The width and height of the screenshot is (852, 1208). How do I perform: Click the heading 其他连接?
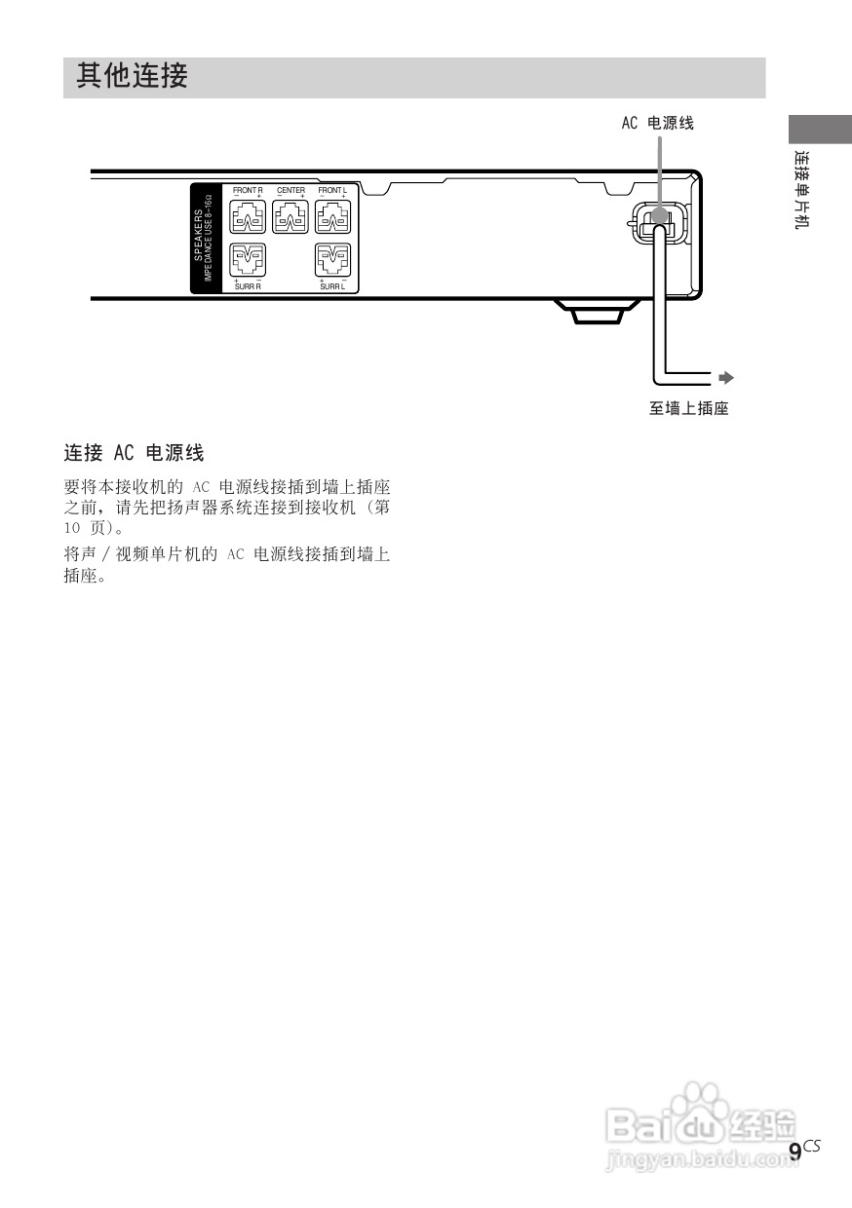[132, 76]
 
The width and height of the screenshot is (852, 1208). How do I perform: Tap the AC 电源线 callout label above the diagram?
[658, 124]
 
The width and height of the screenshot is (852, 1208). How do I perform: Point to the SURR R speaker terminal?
[247, 261]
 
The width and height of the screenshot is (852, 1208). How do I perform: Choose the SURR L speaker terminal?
[333, 261]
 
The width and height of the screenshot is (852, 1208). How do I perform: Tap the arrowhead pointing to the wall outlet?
[726, 375]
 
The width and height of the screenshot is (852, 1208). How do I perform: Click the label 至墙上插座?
[689, 409]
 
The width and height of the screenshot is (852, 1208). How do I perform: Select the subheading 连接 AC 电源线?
[134, 453]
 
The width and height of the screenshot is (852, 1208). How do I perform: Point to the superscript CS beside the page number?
[812, 1146]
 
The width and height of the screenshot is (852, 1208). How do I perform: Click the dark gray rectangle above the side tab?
[813, 130]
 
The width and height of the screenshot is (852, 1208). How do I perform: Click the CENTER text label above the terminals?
[290, 190]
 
